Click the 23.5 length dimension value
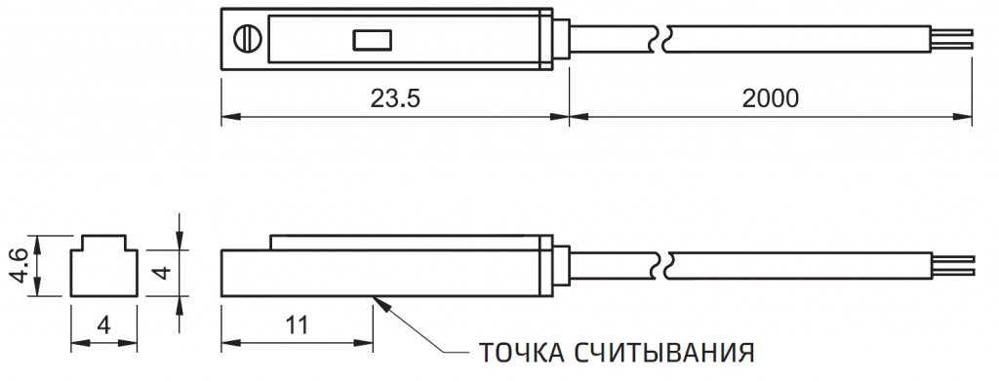pos(394,98)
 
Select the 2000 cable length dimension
pos(770,98)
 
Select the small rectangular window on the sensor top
pos(372,40)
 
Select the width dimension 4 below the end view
pos(102,324)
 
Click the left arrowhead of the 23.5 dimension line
pos(228,119)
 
